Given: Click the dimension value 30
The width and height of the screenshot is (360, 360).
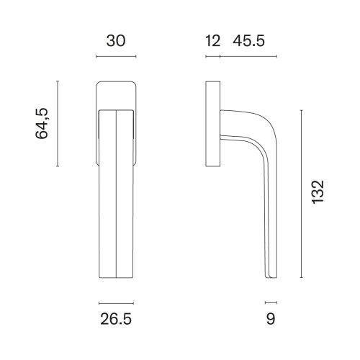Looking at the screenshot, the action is [116, 41].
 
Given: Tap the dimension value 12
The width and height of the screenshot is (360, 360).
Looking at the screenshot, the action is [212, 41].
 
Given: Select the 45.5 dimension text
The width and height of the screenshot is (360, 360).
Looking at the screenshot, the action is [249, 41].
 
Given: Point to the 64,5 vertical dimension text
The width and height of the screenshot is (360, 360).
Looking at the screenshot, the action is [42, 124].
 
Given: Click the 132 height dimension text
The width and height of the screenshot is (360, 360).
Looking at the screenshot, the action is [318, 192].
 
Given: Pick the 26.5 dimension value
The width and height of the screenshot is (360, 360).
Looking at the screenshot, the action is [116, 319].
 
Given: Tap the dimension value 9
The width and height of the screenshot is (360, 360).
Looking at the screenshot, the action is [271, 319].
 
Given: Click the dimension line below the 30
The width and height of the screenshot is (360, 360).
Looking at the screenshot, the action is [116, 57].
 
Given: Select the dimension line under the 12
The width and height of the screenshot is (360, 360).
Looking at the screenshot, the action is [213, 57].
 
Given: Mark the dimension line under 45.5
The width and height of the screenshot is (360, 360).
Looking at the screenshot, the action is [248, 57].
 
